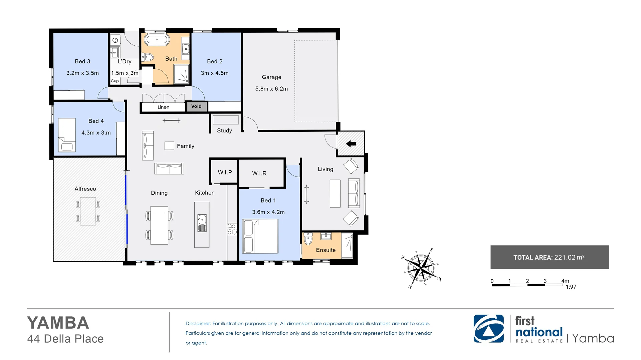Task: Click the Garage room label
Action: point(271,77)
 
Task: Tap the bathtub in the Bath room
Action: point(157,40)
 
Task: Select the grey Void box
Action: point(196,106)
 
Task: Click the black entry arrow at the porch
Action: point(351,144)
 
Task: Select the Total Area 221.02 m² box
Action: point(549,257)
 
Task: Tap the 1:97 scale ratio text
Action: point(571,287)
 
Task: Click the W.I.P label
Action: point(225,172)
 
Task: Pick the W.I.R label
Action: point(259,173)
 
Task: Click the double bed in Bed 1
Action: point(260,236)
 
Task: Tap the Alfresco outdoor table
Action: point(88,211)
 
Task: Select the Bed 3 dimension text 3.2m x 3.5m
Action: point(82,73)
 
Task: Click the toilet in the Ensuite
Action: point(308,239)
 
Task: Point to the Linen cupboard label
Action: point(163,107)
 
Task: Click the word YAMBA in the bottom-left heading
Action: point(58,323)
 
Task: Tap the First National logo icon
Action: point(488,329)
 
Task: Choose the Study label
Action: point(224,131)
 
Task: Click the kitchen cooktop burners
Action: point(232,229)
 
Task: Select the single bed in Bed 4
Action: point(67,135)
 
